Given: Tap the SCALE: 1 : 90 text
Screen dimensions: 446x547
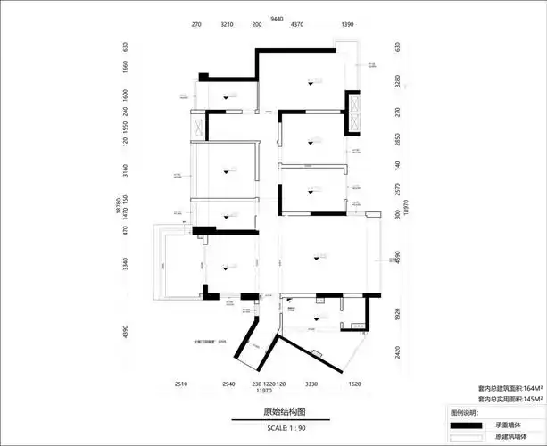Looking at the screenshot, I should click(261, 428).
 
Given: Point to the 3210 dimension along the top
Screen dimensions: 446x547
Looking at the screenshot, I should click(227, 27).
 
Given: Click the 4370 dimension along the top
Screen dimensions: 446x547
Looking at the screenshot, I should click(298, 27).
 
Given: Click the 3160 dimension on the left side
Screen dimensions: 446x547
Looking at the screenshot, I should click(127, 169).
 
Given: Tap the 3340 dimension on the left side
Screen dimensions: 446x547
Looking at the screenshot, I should click(127, 264).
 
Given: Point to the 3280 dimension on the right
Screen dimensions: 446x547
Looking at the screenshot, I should click(398, 83).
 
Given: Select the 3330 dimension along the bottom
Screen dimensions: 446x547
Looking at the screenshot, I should click(311, 383).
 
